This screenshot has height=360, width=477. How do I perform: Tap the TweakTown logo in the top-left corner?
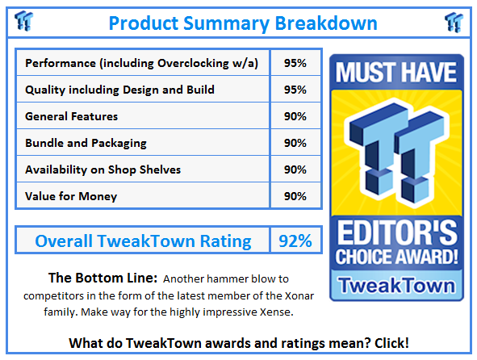(x=23, y=21)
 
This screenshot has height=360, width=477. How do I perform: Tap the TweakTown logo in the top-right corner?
(x=453, y=21)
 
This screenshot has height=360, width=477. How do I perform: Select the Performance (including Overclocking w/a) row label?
(x=142, y=63)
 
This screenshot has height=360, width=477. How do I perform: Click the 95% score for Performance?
(x=295, y=63)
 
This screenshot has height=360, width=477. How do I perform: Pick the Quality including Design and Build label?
(x=119, y=90)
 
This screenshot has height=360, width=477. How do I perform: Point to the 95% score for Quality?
(x=295, y=90)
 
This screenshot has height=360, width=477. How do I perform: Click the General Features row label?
(x=72, y=116)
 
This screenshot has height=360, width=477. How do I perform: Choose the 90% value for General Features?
(x=295, y=116)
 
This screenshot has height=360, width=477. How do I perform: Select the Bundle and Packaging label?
(x=86, y=143)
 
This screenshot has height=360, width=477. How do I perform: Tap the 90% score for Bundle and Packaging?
(x=295, y=143)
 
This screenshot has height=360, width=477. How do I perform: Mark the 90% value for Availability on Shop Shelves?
(x=295, y=170)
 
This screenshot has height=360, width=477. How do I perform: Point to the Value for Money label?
(x=71, y=196)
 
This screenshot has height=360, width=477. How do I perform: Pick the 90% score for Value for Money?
(x=295, y=196)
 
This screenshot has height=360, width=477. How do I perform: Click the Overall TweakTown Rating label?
(x=143, y=241)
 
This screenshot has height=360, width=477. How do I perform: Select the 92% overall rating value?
(x=295, y=241)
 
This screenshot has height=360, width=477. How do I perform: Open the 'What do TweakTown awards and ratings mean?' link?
(x=238, y=343)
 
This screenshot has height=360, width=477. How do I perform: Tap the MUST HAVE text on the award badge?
(x=396, y=73)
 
